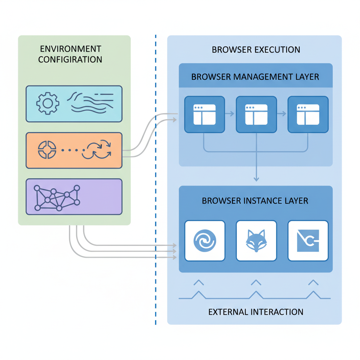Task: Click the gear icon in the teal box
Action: pos(48,103)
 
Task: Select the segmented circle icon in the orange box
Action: pos(47,150)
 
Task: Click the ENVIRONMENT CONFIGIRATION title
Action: pos(70,54)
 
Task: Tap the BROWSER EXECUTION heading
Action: pos(256,50)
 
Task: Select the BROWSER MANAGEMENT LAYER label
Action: pos(255,77)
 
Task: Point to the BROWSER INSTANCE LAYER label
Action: pos(255,201)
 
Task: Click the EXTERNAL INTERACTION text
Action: pos(256,311)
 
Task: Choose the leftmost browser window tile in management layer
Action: pos(204,114)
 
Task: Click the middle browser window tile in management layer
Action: pos(256,114)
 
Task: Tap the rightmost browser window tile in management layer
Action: pos(308,114)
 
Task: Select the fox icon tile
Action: pos(256,241)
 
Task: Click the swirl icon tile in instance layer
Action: pos(204,241)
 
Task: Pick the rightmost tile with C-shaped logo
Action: pos(308,241)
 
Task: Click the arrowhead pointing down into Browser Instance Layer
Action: pos(256,179)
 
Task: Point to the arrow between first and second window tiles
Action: pos(230,114)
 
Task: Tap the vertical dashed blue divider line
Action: pos(155,176)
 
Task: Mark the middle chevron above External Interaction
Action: pos(256,282)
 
